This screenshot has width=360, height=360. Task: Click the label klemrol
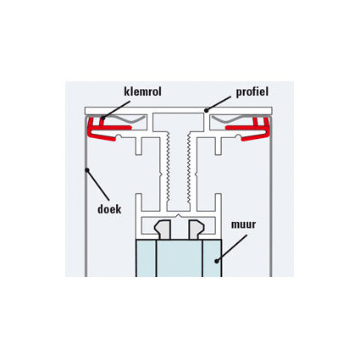142,91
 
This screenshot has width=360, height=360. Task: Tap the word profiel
252,92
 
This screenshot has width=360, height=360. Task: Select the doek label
109,209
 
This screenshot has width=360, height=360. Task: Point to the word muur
243,224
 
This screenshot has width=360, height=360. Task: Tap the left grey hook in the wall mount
163,230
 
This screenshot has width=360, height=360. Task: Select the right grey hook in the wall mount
197,230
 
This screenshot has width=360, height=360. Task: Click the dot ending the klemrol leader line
103,118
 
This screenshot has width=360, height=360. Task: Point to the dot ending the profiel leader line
206,110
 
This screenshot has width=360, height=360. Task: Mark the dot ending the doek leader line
87,170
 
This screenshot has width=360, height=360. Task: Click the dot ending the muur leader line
217,261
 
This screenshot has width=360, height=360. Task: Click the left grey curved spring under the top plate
125,119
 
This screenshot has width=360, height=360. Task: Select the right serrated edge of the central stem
188,169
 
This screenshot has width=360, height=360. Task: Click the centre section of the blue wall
180,258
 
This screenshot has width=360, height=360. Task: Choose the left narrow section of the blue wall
146,258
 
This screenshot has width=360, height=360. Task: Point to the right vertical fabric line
271,197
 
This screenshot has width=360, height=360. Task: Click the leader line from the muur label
232,248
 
